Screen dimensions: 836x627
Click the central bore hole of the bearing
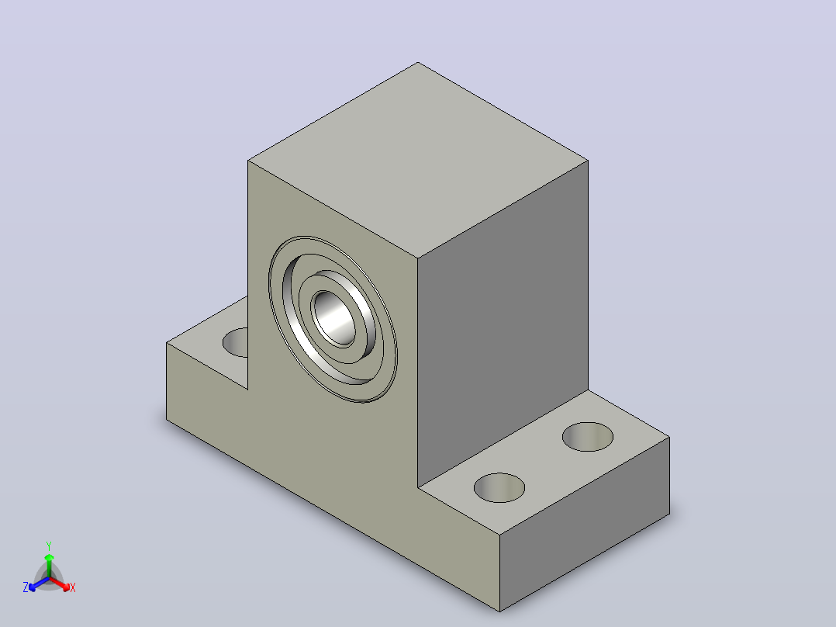coord(334,319)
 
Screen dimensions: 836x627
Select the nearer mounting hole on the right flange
coord(499,488)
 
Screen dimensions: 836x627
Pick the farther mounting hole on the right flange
coord(588,437)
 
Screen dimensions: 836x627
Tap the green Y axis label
coord(49,546)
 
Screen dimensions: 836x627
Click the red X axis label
coord(73,587)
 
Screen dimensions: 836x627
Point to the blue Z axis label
coord(26,587)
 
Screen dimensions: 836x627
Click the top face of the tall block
coord(418,160)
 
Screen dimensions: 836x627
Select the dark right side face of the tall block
coord(503,324)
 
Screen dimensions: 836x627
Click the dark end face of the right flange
coord(585,524)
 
